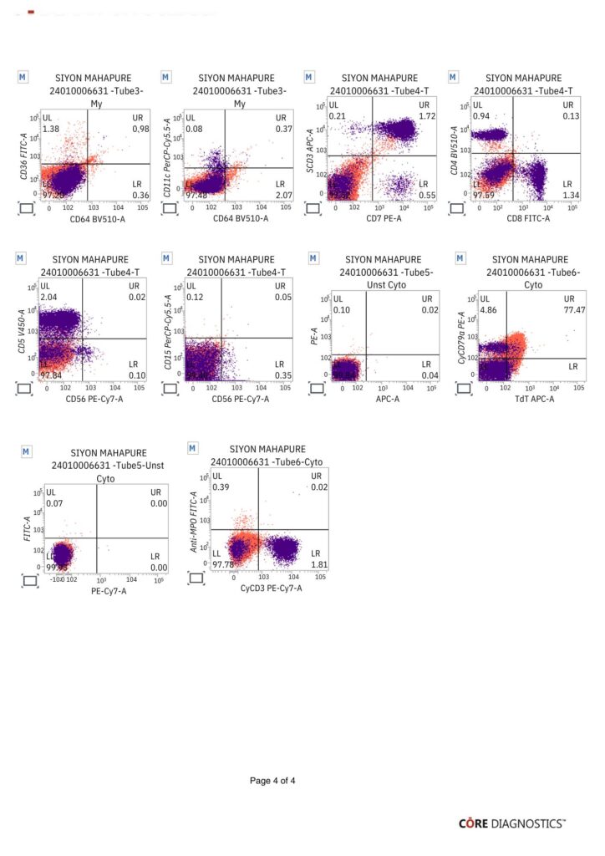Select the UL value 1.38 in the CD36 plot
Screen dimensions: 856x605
pos(52,130)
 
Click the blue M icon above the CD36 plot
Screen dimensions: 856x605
pos(23,76)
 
